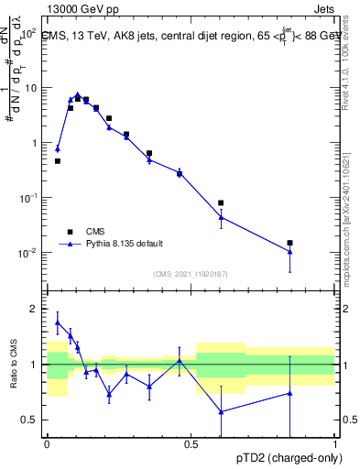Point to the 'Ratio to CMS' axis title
point(13,365)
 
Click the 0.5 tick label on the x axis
point(191,443)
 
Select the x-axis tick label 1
point(334,443)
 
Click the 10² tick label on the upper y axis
point(29,33)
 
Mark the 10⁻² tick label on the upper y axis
point(29,253)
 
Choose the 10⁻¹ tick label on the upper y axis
point(29,198)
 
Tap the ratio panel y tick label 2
point(35,309)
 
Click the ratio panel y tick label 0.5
point(31,420)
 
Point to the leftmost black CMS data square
point(58,161)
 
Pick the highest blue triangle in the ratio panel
point(58,322)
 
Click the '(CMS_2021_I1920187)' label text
point(191,274)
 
